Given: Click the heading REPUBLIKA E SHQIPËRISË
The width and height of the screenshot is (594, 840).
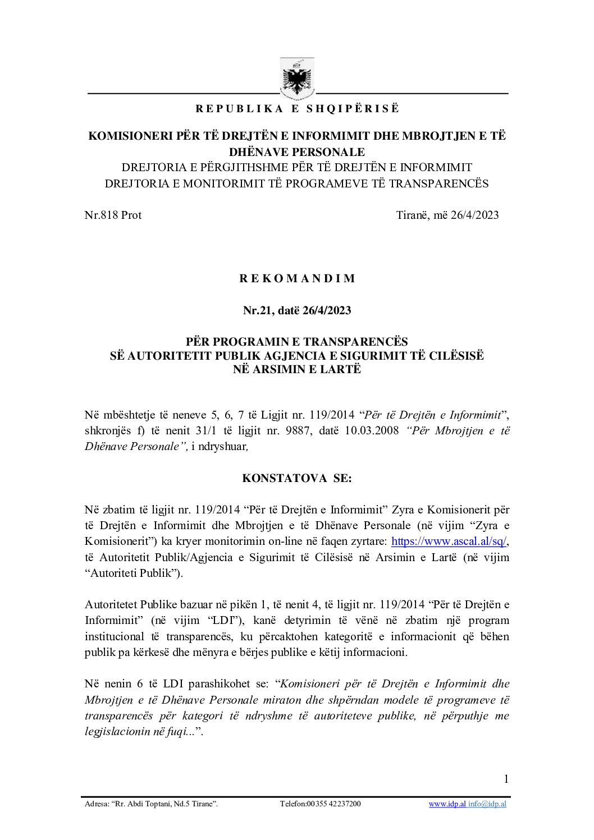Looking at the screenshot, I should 297,109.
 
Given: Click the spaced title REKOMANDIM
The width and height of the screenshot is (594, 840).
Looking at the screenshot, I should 297,279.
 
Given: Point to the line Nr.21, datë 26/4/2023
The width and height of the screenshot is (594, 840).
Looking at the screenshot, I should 297,310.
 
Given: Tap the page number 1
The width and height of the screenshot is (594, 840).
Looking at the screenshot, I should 506,778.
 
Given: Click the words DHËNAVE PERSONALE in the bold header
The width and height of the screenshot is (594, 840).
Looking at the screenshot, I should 297,152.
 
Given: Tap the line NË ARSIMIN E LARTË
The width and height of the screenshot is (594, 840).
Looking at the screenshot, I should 297,369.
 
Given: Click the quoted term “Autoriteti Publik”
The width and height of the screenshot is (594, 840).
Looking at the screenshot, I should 131,573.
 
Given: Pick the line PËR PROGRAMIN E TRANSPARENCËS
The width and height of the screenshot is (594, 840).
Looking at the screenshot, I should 297,341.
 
